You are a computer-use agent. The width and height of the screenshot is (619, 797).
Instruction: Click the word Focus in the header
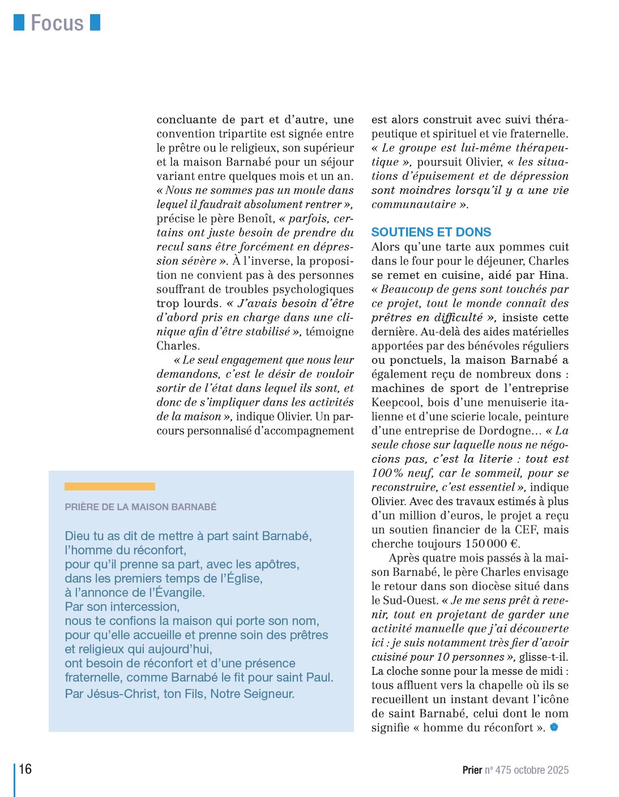(x=57, y=23)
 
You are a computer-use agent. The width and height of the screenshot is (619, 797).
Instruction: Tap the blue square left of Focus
(x=19, y=22)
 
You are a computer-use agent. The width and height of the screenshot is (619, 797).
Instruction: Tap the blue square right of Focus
(x=95, y=22)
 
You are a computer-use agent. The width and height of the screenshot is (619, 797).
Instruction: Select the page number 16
(x=25, y=769)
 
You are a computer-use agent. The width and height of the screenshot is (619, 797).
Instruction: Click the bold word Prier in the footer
(x=472, y=770)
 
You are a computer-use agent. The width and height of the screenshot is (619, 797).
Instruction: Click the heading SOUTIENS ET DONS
(x=431, y=232)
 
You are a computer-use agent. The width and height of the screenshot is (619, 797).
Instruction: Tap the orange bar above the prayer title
(x=109, y=486)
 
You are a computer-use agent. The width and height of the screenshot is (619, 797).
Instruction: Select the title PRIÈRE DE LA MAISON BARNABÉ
(x=140, y=507)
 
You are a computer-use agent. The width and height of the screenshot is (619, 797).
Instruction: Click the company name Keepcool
(x=395, y=402)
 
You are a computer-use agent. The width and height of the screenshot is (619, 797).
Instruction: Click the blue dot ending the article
(x=554, y=727)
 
